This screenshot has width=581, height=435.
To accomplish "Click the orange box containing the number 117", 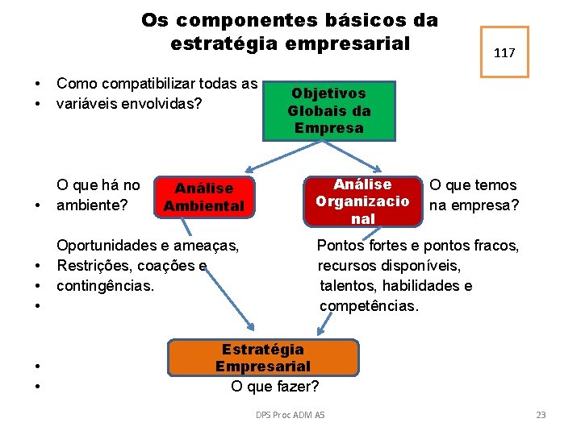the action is (504, 52).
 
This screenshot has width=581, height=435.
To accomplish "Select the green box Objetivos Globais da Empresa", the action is (329, 111).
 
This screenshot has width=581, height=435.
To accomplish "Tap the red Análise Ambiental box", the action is (203, 197).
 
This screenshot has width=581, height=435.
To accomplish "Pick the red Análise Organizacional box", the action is (363, 201).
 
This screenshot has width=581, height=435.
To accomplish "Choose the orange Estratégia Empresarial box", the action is (262, 358).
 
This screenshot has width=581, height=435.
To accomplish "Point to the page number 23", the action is (541, 415).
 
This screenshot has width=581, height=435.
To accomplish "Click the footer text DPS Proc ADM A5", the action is (290, 415).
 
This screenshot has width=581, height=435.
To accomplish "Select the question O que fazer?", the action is (274, 386).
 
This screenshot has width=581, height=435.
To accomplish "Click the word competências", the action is (369, 306).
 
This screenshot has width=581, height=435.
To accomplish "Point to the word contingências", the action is (105, 286).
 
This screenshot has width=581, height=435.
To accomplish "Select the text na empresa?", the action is (474, 205).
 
